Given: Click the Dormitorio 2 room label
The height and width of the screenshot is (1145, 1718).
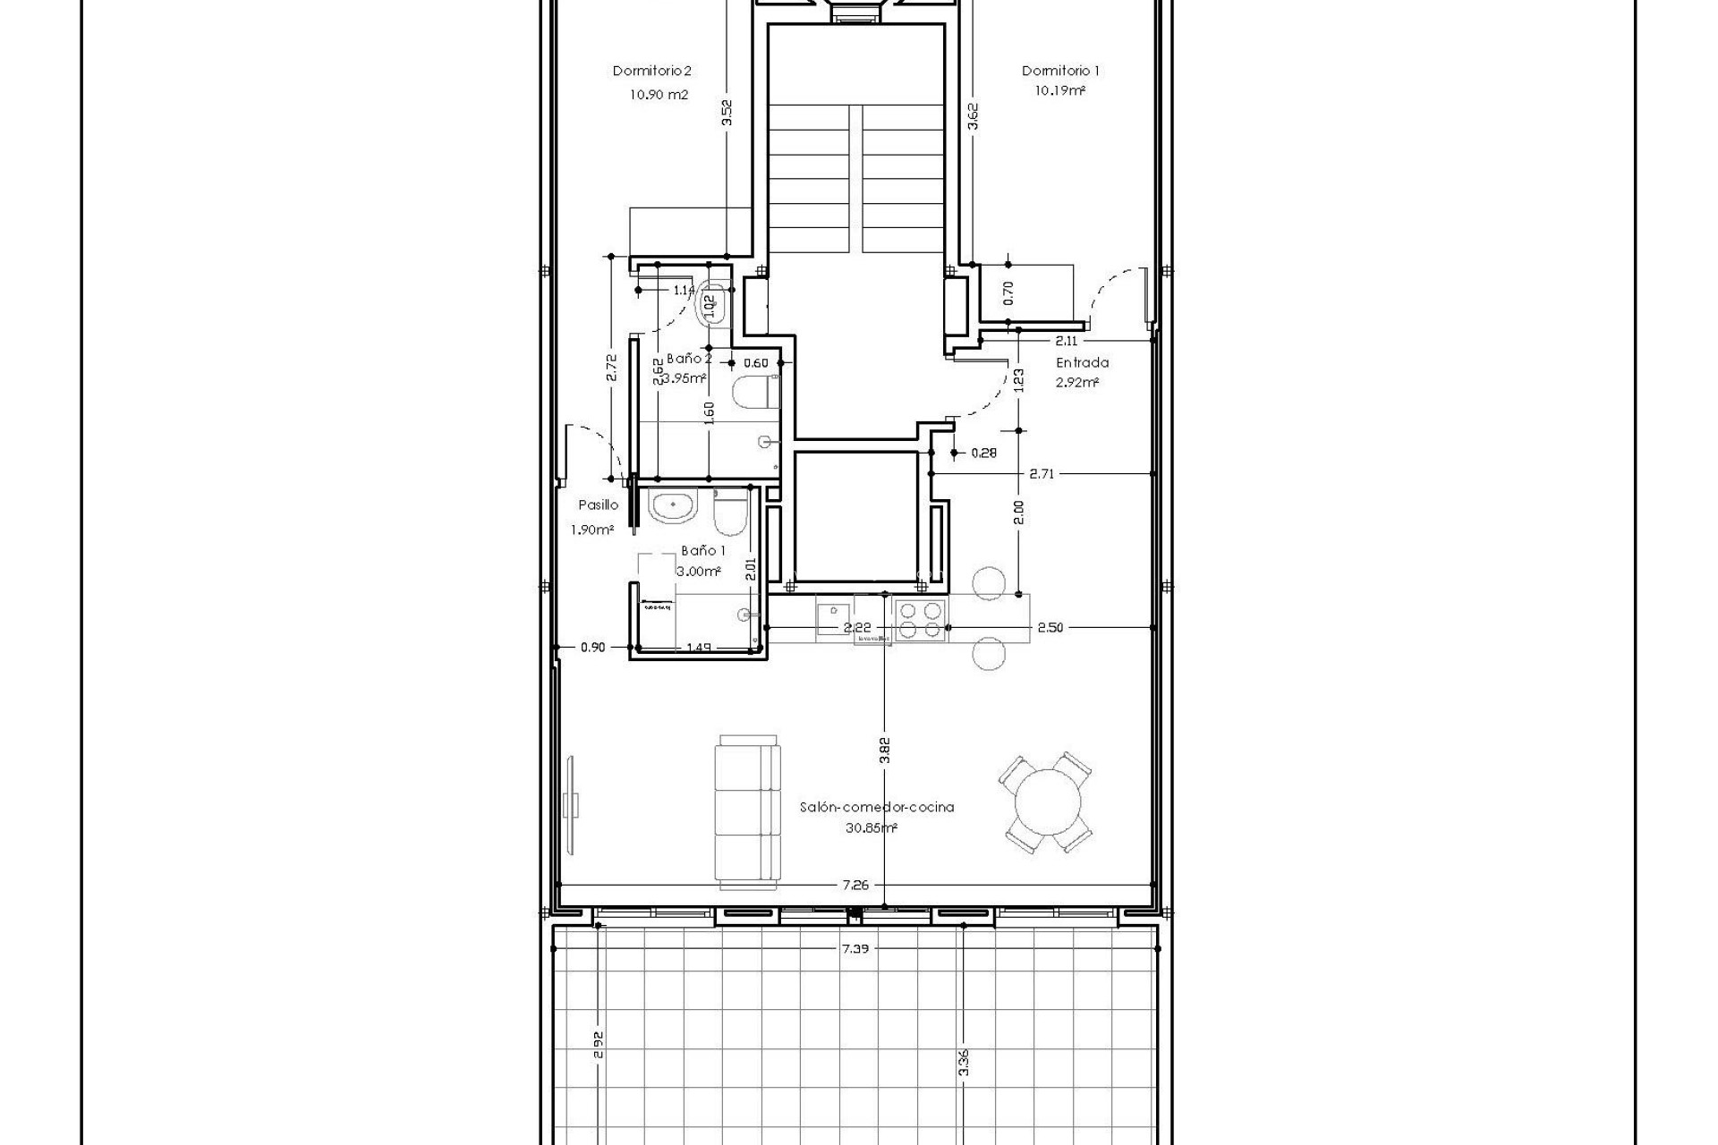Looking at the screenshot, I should pyautogui.click(x=652, y=71).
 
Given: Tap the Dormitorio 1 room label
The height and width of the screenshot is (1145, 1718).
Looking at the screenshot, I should pyautogui.click(x=1060, y=71).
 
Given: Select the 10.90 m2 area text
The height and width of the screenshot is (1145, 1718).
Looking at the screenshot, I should pyautogui.click(x=659, y=94).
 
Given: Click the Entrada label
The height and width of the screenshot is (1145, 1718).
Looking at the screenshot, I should pyautogui.click(x=1082, y=362).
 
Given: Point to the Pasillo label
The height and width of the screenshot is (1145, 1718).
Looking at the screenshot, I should pyautogui.click(x=598, y=505).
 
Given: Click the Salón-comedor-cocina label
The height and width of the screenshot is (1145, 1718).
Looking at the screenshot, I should pyautogui.click(x=876, y=807).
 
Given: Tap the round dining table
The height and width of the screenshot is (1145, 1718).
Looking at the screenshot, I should pyautogui.click(x=1045, y=802).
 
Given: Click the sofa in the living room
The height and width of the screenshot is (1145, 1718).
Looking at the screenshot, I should pyautogui.click(x=748, y=811).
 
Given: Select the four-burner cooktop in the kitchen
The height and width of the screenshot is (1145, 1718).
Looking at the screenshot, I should pyautogui.click(x=921, y=620).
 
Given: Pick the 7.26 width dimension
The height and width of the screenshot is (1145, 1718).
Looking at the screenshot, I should pyautogui.click(x=855, y=885).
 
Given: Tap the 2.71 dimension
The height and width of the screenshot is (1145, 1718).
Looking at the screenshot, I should pyautogui.click(x=1042, y=474).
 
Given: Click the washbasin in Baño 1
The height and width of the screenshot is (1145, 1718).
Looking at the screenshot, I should pyautogui.click(x=672, y=508).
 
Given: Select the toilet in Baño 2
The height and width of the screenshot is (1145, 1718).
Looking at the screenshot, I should pyautogui.click(x=753, y=393).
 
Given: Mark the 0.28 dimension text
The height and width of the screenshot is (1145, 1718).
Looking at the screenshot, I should pyautogui.click(x=983, y=454).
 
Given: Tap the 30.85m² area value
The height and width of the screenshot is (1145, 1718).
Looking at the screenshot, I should pyautogui.click(x=871, y=828).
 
